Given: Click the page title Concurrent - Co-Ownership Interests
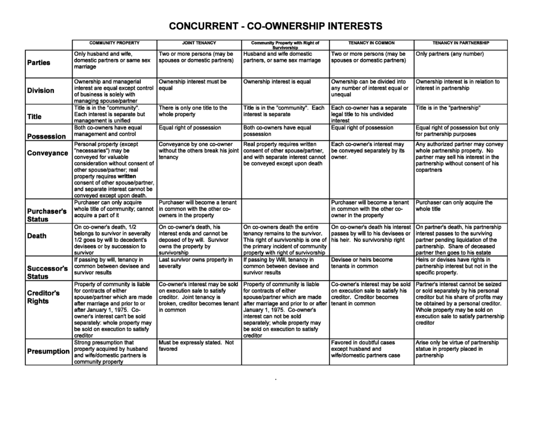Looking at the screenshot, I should (275, 26).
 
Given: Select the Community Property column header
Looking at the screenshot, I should (114, 43).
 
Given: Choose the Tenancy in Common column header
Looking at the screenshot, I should (371, 43).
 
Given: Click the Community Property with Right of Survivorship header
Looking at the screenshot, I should (286, 45).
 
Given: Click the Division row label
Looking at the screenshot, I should (41, 90).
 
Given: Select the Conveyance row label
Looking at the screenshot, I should (47, 153).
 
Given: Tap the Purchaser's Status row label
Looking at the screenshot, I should (47, 215).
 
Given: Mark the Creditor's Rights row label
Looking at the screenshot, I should (44, 297).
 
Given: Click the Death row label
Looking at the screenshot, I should (37, 236).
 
